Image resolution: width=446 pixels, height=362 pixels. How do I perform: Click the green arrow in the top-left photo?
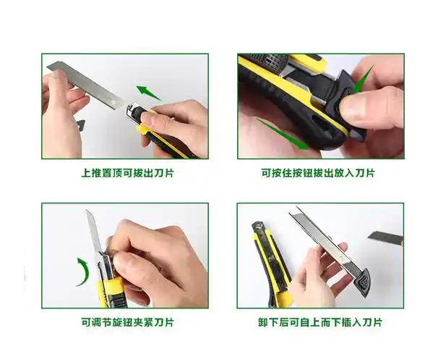point(149,93)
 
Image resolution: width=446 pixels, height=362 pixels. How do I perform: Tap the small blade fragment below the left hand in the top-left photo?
point(80,125)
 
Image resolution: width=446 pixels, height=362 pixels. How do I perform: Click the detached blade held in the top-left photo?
point(87,81)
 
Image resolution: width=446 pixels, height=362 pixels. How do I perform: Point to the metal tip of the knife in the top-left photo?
point(132,111)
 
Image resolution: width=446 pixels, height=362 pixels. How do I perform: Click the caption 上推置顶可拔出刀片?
point(126,173)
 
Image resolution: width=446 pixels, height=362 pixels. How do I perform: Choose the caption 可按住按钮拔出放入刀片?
point(318,173)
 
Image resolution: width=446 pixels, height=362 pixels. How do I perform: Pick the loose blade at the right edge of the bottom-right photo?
point(386,237)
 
